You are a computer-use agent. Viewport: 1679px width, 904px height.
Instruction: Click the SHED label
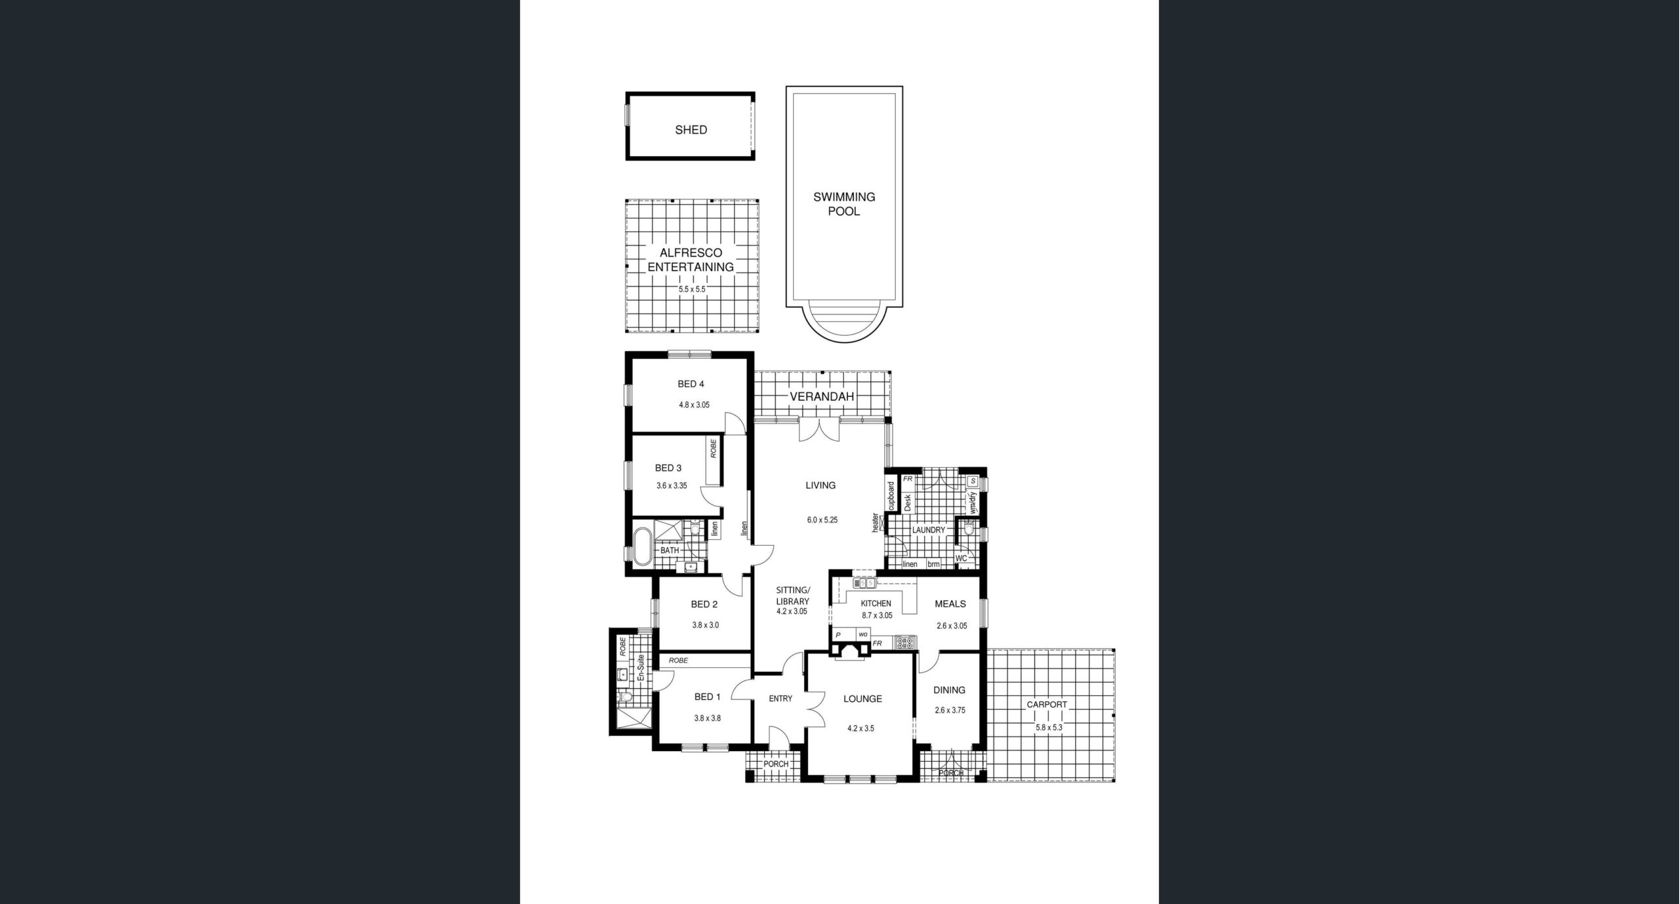point(691,130)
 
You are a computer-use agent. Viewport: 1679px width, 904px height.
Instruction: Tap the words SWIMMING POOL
point(844,204)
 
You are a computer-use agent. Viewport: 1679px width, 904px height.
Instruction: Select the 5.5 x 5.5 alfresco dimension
point(691,289)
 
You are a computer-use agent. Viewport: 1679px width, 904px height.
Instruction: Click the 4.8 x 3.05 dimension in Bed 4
point(694,405)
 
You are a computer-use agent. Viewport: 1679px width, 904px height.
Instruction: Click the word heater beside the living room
point(874,522)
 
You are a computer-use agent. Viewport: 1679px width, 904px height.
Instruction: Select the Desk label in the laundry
point(908,503)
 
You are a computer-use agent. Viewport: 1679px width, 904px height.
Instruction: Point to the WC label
point(961,558)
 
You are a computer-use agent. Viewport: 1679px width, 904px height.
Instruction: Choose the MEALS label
point(950,604)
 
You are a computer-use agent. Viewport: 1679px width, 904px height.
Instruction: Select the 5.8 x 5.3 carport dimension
point(1048,728)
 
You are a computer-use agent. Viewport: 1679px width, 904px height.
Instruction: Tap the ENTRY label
point(780,699)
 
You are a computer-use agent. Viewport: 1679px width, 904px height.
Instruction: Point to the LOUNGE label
point(862,699)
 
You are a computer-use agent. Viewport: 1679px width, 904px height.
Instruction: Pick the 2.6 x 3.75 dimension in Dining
point(950,710)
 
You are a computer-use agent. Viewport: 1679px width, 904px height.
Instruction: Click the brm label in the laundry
point(933,564)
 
